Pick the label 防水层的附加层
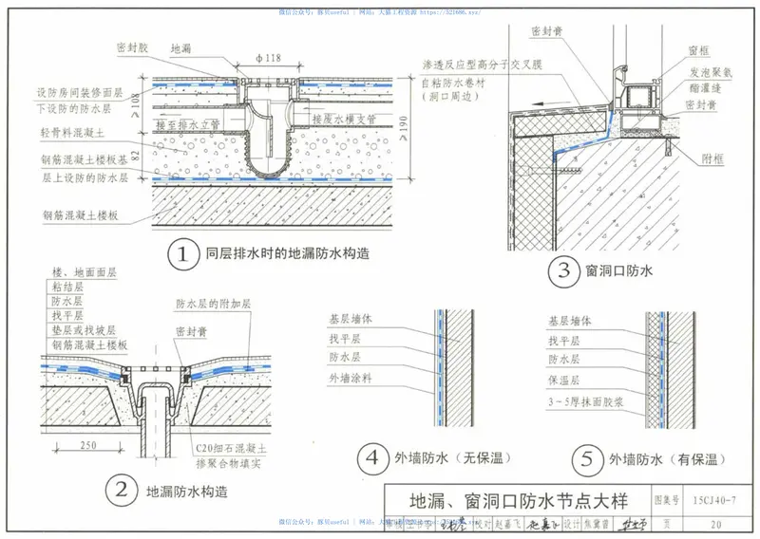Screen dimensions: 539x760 click(214, 304)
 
